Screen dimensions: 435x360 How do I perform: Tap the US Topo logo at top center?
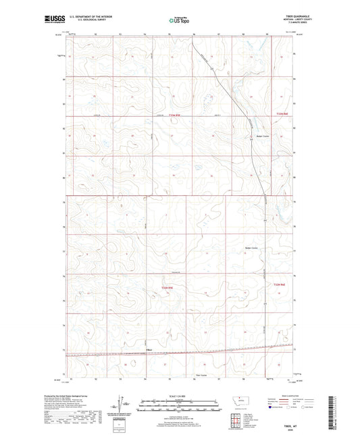click(x=178, y=21)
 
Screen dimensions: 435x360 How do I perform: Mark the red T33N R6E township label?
click(x=282, y=114)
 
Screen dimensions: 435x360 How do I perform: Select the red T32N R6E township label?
click(x=281, y=285)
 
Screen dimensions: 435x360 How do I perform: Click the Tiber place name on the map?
click(x=149, y=349)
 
